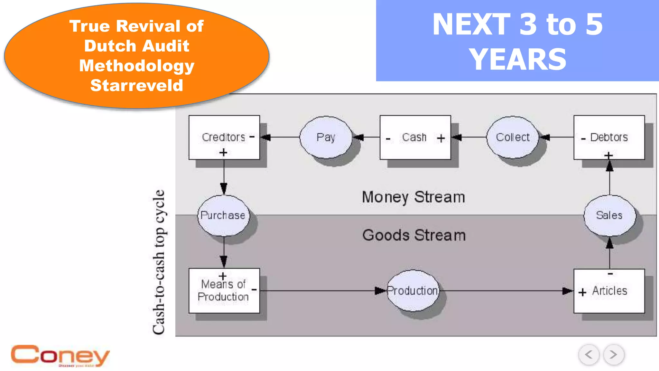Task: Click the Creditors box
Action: (224, 138)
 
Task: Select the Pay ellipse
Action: (326, 138)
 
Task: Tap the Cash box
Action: (415, 138)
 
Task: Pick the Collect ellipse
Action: (512, 138)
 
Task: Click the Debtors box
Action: (609, 138)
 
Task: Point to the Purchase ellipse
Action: (223, 215)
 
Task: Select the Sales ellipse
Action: (609, 215)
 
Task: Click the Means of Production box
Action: (224, 290)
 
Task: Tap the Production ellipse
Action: (413, 291)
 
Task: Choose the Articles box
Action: (609, 291)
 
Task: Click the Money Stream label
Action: (413, 197)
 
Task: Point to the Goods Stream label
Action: (414, 235)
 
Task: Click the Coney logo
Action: (60, 356)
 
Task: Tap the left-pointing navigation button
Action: (589, 355)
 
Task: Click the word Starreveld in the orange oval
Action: (137, 86)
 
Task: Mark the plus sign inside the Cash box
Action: (441, 138)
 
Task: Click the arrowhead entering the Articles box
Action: (568, 291)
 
